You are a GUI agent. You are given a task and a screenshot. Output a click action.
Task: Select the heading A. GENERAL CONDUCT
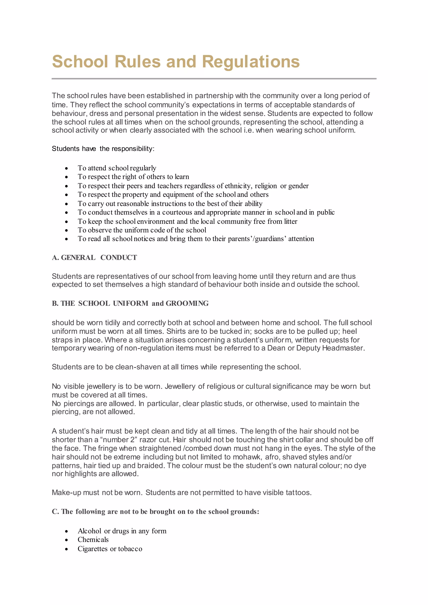[x=94, y=257]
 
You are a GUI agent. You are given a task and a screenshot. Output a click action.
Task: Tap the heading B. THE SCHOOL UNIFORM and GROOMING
[x=130, y=303]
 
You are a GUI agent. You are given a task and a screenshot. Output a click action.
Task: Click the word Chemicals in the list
[x=93, y=540]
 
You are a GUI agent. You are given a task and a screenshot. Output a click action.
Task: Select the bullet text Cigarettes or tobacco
[x=110, y=549]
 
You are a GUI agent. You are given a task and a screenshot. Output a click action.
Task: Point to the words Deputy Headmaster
[x=330, y=348]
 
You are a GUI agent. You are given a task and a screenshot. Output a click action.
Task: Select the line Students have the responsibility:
[x=103, y=149]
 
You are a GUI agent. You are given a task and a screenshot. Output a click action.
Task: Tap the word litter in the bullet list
[x=290, y=221]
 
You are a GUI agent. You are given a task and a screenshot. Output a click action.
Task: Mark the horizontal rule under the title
[x=214, y=79]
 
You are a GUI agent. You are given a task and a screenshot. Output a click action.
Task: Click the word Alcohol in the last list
[x=89, y=531]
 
